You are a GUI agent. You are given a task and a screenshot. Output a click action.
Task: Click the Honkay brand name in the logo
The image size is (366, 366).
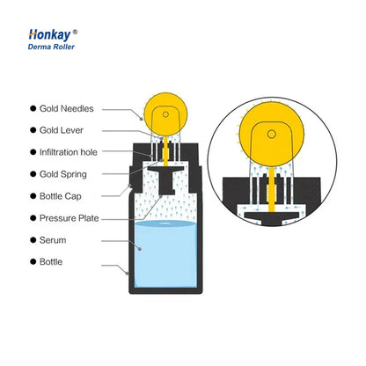pos(49,34)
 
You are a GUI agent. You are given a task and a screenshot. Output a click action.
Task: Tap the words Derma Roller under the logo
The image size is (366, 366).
pos(51,47)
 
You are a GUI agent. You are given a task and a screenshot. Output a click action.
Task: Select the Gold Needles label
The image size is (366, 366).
pos(67,108)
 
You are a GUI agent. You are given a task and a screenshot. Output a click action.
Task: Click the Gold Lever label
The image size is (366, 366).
pos(62,130)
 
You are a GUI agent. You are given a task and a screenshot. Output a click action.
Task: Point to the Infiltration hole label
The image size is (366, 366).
pos(69,152)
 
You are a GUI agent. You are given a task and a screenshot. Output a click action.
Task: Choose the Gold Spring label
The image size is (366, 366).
pos(63,174)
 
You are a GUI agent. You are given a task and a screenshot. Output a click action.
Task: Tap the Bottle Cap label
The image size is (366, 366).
pos(61,196)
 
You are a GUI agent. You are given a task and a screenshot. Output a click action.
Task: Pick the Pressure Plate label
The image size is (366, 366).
pos(70,218)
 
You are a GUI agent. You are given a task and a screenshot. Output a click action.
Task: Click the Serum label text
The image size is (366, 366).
pos(53,240)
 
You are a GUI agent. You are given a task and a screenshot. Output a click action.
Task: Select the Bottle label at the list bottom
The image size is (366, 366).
pos(51,262)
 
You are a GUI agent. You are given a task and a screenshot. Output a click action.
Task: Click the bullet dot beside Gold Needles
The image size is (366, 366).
pos(33,108)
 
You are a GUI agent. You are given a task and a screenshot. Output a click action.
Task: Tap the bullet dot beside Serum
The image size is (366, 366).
pos(33,240)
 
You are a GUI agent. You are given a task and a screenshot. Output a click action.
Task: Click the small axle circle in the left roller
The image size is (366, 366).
pos(165,114)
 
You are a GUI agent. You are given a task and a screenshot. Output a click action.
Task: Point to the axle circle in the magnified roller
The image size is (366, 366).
pos(272,135)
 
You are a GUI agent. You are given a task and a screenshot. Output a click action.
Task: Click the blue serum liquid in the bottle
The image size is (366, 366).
pos(165,254)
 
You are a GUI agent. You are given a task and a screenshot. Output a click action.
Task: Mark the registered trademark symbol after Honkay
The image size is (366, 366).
pos(75,32)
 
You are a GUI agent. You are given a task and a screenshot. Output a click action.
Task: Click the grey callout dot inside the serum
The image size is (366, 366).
pos(140,249)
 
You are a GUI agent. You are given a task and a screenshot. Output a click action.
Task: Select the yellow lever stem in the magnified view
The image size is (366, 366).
pos(272,189)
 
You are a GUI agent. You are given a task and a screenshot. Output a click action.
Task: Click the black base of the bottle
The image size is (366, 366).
pos(165,291)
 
